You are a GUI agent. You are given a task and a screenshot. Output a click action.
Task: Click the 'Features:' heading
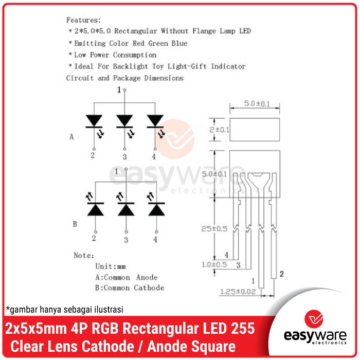click(83, 20)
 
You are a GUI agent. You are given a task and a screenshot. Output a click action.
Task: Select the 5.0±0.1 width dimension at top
click(257, 103)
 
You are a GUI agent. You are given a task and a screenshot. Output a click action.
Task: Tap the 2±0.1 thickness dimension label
click(219, 130)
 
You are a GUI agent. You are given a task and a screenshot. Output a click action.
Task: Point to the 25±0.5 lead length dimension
click(214, 229)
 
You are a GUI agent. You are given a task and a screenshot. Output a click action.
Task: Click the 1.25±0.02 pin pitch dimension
click(238, 292)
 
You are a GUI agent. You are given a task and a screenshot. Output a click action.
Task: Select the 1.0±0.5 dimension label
click(214, 265)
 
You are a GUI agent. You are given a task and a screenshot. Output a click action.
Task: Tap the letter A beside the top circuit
click(71, 137)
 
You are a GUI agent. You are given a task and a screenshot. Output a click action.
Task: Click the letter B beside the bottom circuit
click(75, 224)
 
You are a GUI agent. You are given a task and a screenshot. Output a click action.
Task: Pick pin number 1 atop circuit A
click(119, 89)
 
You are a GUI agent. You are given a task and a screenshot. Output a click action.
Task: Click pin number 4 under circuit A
click(154, 156)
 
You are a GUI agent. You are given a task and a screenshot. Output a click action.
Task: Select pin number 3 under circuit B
click(126, 240)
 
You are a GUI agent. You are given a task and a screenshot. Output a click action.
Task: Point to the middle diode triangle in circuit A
click(124, 120)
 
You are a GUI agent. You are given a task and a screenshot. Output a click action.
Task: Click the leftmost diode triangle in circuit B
click(96, 210)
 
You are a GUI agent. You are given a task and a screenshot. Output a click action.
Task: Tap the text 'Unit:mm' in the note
click(111, 266)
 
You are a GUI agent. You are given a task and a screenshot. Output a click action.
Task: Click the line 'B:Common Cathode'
click(130, 287)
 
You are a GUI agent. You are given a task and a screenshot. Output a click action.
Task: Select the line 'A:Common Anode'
click(127, 277)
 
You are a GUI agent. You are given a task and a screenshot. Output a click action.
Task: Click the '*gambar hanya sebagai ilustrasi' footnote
click(64, 310)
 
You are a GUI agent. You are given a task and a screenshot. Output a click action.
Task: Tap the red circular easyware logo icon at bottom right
click(314, 319)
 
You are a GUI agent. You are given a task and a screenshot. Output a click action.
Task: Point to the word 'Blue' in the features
click(179, 43)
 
